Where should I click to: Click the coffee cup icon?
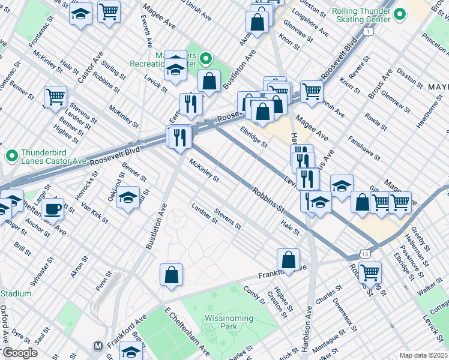click(x=52, y=209)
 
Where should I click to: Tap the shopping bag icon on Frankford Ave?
click(x=289, y=260)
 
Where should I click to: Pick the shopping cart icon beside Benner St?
click(x=55, y=97)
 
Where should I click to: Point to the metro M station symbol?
click(x=97, y=346)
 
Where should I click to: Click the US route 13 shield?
click(x=365, y=254)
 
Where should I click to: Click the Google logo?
click(x=19, y=353)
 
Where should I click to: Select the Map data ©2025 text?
click(x=423, y=355)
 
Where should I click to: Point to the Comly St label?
click(x=255, y=294)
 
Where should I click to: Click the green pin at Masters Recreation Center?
click(x=206, y=59)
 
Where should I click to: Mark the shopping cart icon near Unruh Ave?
click(x=312, y=91)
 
